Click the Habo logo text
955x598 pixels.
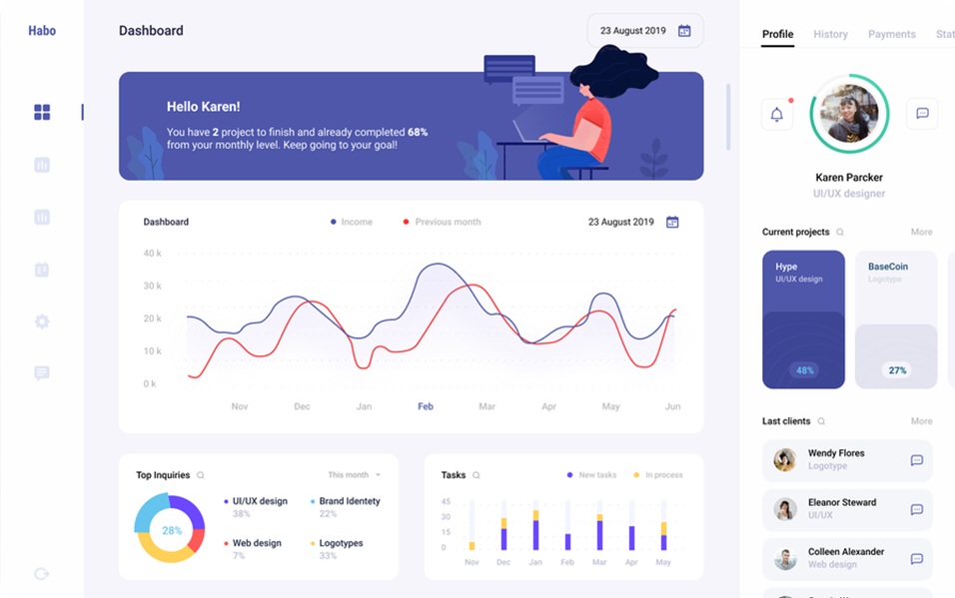click(42, 31)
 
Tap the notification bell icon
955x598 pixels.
click(777, 114)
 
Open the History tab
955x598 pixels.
click(830, 34)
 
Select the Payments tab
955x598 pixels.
click(891, 34)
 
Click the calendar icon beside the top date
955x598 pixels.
click(684, 31)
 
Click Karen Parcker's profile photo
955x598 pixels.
click(849, 113)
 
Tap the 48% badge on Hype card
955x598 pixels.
click(803, 370)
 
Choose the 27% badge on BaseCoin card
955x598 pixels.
click(897, 370)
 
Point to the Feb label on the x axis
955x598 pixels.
click(426, 406)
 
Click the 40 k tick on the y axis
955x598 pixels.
click(152, 254)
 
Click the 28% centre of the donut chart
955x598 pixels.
click(172, 530)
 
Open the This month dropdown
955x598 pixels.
click(355, 475)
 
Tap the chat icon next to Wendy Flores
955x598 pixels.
click(916, 460)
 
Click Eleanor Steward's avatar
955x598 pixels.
click(785, 509)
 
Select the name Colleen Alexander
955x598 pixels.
click(845, 552)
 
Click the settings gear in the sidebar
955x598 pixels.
click(42, 321)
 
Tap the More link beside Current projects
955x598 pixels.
click(921, 232)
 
